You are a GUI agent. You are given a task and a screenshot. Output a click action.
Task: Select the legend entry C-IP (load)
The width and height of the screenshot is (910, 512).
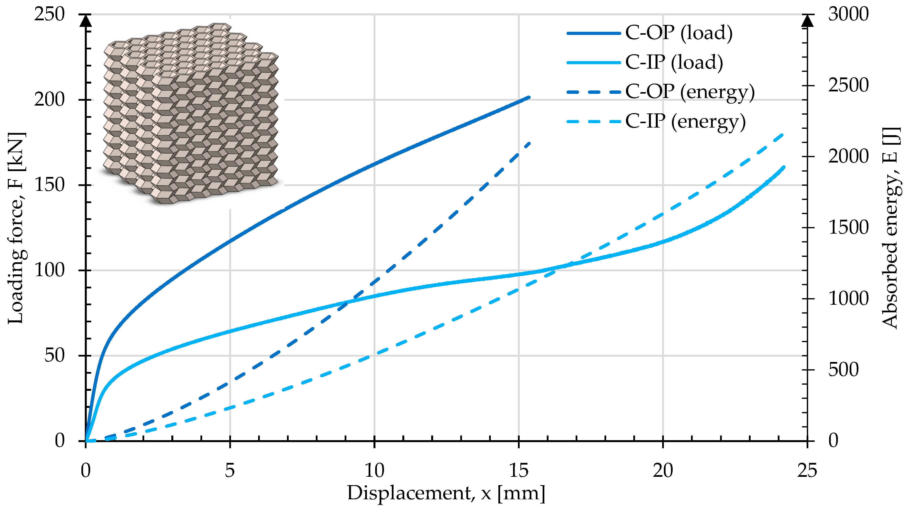coord(645,63)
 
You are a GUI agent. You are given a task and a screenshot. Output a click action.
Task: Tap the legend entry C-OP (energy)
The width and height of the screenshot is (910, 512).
coord(661,92)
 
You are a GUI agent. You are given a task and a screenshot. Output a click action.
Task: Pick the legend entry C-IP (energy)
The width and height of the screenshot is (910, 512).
coord(656,122)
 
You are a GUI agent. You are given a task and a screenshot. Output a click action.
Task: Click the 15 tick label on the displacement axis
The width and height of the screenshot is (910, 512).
coord(519,470)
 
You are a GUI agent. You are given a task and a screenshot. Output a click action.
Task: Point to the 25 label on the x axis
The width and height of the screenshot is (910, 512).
coord(807,470)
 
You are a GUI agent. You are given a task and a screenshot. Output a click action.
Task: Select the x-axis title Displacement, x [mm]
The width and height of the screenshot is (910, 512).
coord(446,493)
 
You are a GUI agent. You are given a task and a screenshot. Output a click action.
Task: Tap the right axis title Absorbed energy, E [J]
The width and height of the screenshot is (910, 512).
coord(891,228)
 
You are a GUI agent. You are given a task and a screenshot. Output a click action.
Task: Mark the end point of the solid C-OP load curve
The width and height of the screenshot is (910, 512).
coord(529,97)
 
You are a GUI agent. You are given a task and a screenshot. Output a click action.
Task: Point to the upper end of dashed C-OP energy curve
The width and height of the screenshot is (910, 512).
coord(529,143)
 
